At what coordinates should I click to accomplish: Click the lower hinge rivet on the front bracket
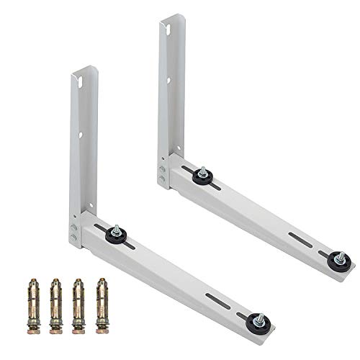73,237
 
